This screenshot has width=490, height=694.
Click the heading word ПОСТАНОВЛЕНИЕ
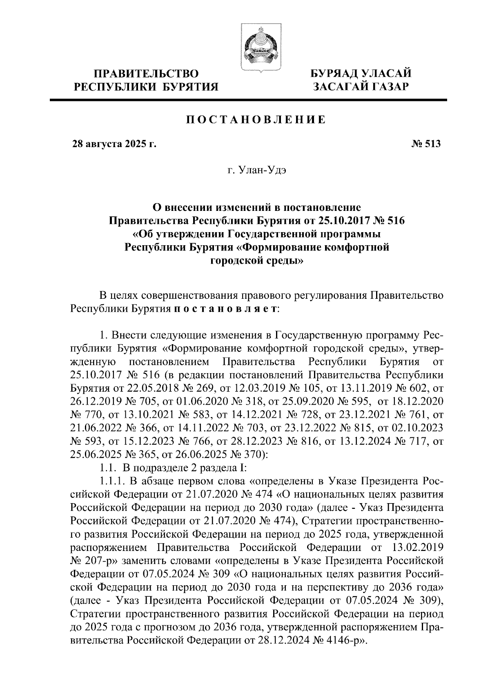point(256,120)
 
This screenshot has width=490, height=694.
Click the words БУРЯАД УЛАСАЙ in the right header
point(361,74)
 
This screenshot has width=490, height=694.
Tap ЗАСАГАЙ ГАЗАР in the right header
point(361,87)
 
